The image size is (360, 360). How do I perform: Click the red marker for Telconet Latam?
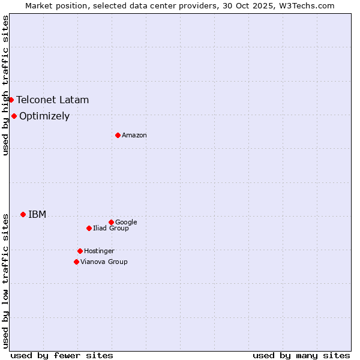[x=11, y=100]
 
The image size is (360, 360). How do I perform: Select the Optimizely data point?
[x=14, y=116]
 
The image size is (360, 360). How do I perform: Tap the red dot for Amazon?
[x=118, y=135]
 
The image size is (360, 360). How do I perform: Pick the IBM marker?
[x=23, y=214]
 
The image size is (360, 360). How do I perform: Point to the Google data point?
[x=111, y=222]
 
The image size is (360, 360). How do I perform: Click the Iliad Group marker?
[x=89, y=228]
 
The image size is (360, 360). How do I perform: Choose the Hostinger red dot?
[x=80, y=251]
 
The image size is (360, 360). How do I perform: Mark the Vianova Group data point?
[x=76, y=262]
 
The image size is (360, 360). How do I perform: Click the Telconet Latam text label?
[x=52, y=100]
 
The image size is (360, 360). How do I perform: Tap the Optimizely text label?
[x=44, y=116]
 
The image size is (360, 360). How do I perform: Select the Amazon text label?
[x=134, y=135]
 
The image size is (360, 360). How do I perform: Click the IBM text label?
[x=37, y=214]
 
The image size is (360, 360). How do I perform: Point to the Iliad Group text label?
[x=111, y=228]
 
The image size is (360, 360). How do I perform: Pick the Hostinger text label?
[x=99, y=251]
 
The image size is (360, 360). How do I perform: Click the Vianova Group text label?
[x=104, y=262]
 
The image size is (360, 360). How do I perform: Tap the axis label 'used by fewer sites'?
[x=62, y=355]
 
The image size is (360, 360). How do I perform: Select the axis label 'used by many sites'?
[x=301, y=355]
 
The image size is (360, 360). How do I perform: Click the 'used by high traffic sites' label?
[x=5, y=85]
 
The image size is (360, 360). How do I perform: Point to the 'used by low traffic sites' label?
[x=5, y=281]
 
